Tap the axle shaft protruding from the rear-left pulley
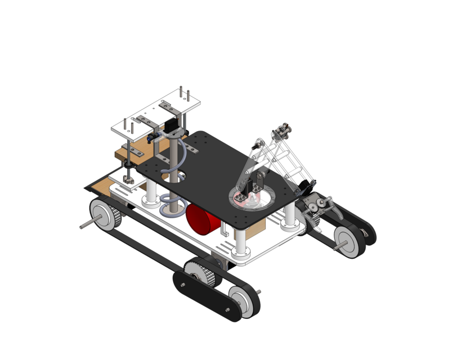(86, 225)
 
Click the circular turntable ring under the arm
(254, 197)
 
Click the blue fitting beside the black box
(151, 137)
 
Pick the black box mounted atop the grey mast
(168, 128)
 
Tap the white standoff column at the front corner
(240, 242)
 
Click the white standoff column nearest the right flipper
(290, 215)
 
